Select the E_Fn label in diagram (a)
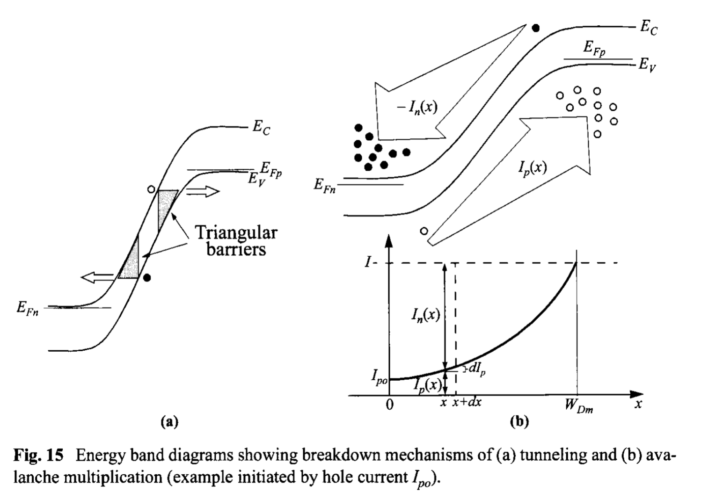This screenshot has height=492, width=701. coord(28,308)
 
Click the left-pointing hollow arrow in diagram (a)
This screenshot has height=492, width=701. coord(97,277)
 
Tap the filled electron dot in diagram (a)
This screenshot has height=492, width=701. coord(147,278)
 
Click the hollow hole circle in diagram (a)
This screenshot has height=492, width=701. coord(151,189)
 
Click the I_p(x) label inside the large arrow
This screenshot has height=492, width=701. coord(532,167)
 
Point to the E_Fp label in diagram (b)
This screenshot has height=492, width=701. coord(594,48)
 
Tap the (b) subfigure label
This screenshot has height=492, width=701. coord(519,422)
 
